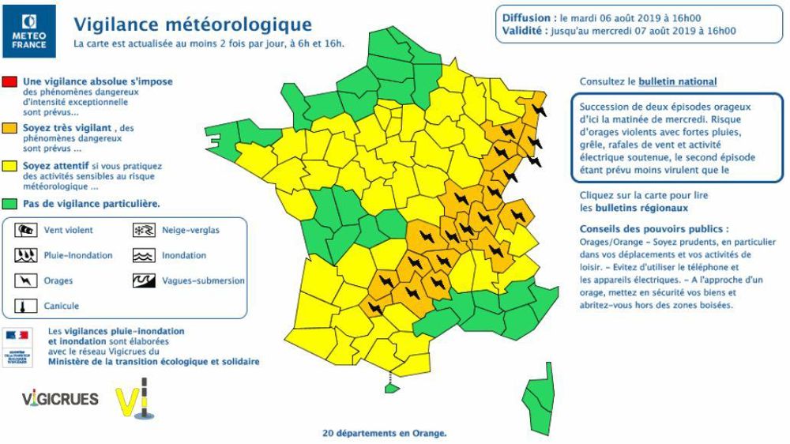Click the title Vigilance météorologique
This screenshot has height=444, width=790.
click(192, 26)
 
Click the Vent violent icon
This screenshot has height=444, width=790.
click(26, 231)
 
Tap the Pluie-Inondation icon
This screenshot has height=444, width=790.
click(26, 255)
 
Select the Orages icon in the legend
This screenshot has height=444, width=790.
click(26, 280)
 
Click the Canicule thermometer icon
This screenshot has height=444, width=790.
click(26, 305)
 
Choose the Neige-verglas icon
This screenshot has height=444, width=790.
click(142, 231)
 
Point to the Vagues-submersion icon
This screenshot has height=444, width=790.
click(142, 280)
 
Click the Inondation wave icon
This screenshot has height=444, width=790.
click(142, 255)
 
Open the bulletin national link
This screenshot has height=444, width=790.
click(678, 81)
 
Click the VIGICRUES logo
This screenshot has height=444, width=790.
click(60, 399)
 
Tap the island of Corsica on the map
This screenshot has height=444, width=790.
click(541, 395)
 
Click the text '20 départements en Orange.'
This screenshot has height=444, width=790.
click(385, 433)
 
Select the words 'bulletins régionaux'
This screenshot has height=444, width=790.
click(633, 209)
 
